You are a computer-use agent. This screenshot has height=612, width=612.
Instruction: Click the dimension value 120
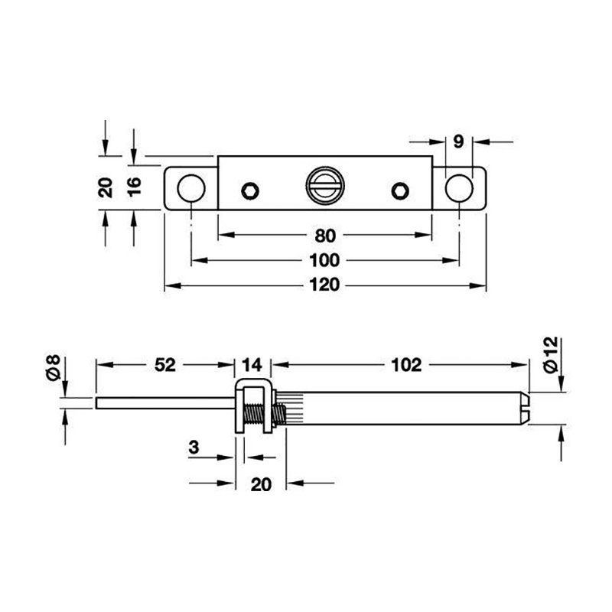click(x=324, y=285)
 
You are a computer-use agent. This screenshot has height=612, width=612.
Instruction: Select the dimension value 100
click(x=324, y=260)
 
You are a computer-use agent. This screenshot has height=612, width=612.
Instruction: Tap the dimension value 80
click(x=325, y=236)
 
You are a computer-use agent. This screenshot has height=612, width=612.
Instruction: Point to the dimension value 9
click(x=458, y=142)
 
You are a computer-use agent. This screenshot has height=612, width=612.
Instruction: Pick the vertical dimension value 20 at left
click(x=106, y=187)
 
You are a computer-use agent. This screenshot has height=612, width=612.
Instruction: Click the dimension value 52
click(x=165, y=365)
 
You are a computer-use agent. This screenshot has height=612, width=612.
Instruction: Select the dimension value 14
click(x=252, y=366)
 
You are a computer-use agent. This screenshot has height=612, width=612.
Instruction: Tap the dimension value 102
click(x=406, y=365)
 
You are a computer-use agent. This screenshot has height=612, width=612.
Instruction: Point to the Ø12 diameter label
click(x=551, y=355)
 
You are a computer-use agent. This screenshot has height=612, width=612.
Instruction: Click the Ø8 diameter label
click(x=53, y=367)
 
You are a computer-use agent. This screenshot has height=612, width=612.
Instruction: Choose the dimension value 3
click(x=194, y=448)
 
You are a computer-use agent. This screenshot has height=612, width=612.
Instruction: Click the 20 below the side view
click(x=261, y=485)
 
